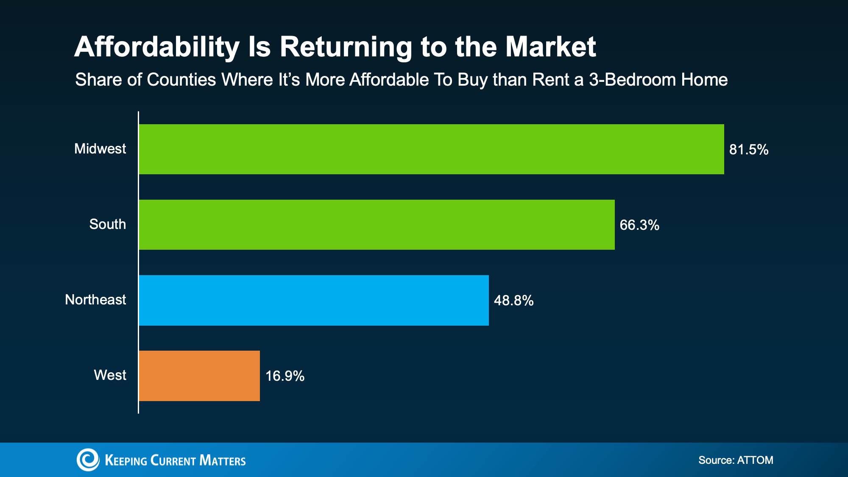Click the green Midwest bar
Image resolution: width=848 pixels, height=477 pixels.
pos(431,149)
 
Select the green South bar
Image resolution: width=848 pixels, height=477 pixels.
pos(377,225)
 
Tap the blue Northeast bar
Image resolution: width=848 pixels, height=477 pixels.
pos(314,300)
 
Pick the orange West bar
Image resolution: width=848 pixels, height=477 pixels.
pos(199,376)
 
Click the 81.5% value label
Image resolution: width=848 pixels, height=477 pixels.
pos(748,150)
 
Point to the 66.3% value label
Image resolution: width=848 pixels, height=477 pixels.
pos(639,225)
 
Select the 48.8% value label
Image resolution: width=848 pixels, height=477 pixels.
pos(513,301)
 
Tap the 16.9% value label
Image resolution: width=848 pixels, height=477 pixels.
pos(285,376)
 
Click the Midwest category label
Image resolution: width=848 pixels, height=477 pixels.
pos(100,149)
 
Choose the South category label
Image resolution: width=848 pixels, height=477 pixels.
pos(107,224)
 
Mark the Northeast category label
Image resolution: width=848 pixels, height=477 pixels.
pos(95,300)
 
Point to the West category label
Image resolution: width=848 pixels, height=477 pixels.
pos(110,375)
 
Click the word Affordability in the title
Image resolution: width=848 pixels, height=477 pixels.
pos(157,47)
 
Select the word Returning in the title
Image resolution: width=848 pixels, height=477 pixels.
pos(346,47)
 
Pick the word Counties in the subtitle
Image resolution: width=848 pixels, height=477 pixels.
pos(181,80)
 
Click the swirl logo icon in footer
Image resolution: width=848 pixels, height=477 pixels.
pos(88,460)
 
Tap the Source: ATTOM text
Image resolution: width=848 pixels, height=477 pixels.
pos(736,460)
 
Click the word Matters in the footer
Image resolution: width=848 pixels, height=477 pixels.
pos(222,460)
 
